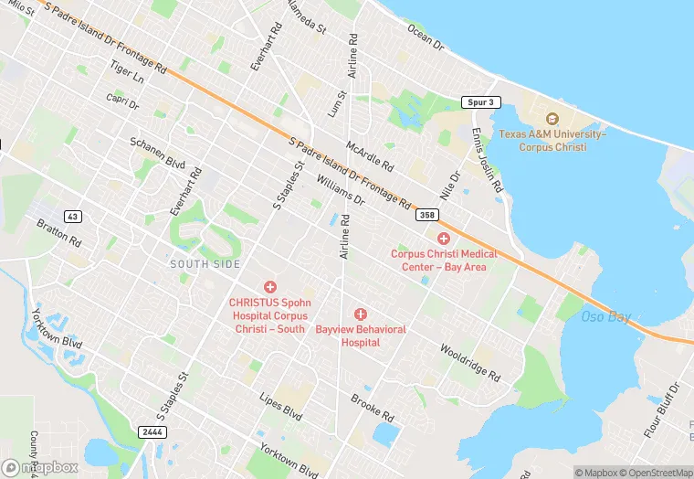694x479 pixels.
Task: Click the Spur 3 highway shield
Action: click(x=481, y=102)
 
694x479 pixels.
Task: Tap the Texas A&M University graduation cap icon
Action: click(x=552, y=119)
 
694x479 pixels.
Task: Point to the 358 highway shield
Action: click(x=426, y=215)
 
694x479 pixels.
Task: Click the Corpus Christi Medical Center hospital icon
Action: click(x=444, y=238)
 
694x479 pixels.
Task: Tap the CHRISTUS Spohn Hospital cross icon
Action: click(x=269, y=287)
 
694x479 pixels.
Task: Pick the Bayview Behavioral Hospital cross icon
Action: click(x=361, y=314)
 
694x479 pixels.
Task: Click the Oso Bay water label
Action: click(x=606, y=317)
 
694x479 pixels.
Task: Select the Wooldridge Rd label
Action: click(x=469, y=362)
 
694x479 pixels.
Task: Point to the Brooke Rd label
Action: click(x=372, y=407)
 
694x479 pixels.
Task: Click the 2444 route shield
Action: click(x=152, y=431)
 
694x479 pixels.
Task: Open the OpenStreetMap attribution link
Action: click(x=650, y=473)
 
